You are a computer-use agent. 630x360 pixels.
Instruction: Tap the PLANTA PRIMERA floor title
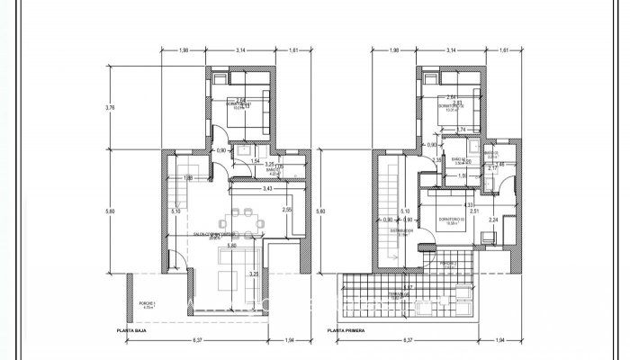click(x=349, y=331)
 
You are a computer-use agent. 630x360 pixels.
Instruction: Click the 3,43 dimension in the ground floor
click(x=267, y=189)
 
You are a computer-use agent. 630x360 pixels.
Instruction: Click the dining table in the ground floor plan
click(x=240, y=215)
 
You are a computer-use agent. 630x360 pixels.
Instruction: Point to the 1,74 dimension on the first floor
click(x=462, y=130)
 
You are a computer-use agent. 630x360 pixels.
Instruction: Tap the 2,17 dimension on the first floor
click(x=493, y=167)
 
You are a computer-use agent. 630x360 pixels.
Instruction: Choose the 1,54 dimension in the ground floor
click(x=256, y=161)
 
